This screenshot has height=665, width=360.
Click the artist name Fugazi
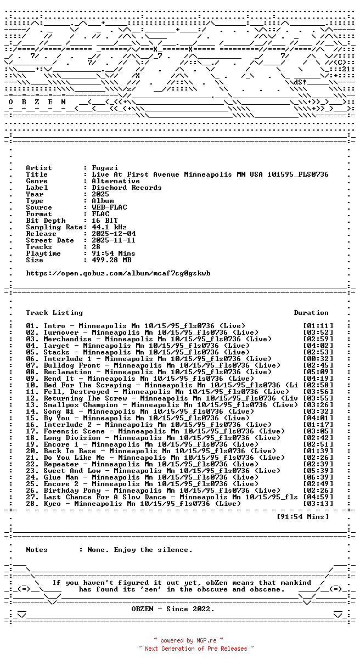coord(105,168)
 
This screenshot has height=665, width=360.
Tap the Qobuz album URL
coord(118,273)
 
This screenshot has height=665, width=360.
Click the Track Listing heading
coord(54,313)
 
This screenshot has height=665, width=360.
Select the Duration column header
coord(311,313)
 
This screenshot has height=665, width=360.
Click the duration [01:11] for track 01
coord(318,326)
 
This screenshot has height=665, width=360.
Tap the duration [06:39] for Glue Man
coord(318,477)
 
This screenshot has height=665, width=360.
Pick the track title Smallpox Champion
coord(81,405)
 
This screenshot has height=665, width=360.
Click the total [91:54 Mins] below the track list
coord(302,517)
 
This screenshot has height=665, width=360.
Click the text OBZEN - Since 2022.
coord(173,609)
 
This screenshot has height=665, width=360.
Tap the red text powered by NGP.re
coord(188,640)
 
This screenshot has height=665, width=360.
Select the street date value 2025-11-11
coord(114,240)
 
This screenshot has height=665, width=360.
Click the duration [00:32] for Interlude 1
coord(318,359)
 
